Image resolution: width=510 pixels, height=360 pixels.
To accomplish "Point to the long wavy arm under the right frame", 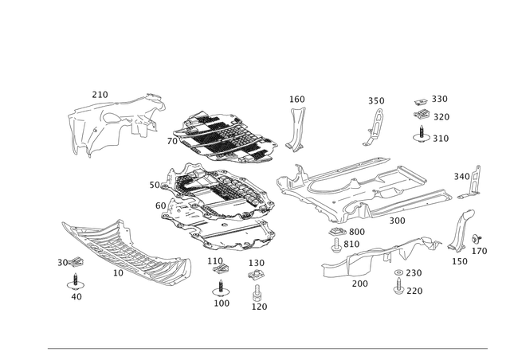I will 375,255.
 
